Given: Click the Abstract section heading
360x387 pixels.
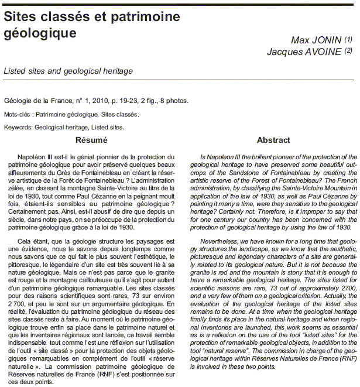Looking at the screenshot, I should pyautogui.click(x=273, y=140).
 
